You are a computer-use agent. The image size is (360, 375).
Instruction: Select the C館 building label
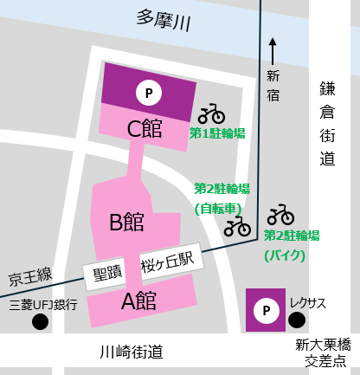click(x=145, y=128)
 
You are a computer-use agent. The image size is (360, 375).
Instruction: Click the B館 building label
click(x=126, y=221)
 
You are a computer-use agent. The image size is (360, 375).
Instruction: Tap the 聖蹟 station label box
click(x=109, y=276)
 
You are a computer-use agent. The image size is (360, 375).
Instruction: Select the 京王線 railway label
click(x=30, y=276)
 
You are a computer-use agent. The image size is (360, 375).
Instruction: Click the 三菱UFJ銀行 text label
click(x=43, y=304)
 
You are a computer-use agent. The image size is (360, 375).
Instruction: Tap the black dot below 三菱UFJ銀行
click(x=40, y=322)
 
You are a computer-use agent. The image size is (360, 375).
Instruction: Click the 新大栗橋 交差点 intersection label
click(x=321, y=352)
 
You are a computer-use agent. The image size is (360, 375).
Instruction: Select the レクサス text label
click(x=306, y=302)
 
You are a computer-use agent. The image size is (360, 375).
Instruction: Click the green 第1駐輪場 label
click(x=217, y=133)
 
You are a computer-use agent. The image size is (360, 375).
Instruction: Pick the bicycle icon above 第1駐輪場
click(x=211, y=113)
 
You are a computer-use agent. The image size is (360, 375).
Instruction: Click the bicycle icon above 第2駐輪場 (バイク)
click(x=281, y=215)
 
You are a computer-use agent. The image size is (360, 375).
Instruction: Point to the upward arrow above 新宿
click(x=273, y=48)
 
